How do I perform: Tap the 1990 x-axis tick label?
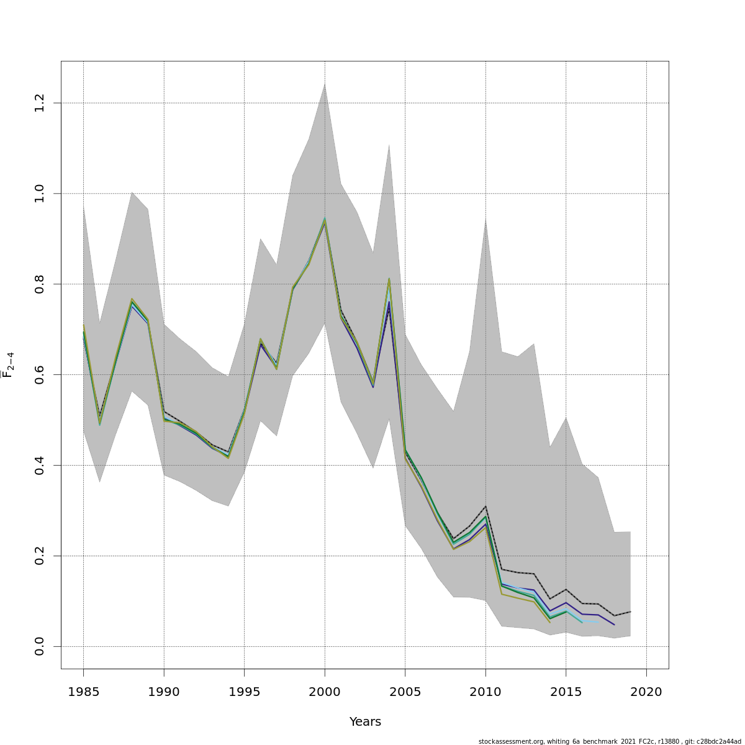(x=164, y=692)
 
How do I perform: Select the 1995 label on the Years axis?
(x=244, y=692)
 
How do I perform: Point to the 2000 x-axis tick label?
(x=325, y=692)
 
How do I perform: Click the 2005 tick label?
(x=405, y=692)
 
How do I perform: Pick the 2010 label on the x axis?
(x=485, y=692)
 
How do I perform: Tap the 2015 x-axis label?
(x=566, y=692)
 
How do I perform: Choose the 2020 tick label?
(x=646, y=692)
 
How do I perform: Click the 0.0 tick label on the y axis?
(x=40, y=646)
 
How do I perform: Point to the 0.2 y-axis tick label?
(x=40, y=556)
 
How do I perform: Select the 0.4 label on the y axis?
(x=40, y=465)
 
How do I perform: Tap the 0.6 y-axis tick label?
(x=40, y=374)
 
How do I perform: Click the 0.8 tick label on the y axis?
(x=40, y=284)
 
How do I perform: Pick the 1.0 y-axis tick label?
(x=40, y=193)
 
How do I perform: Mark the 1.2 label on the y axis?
(x=40, y=102)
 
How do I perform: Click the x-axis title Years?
(x=365, y=722)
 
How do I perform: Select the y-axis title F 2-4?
(x=9, y=365)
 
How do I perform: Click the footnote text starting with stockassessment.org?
(x=610, y=741)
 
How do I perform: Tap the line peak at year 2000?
(x=325, y=219)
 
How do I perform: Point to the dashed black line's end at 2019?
(x=630, y=612)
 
